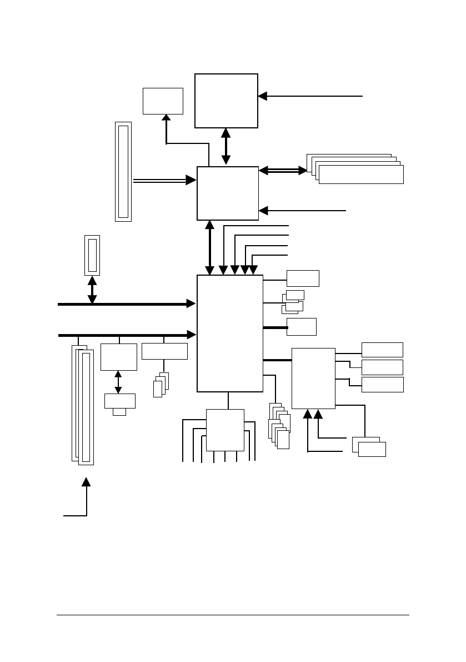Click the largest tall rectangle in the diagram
tap(230, 333)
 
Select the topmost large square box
tap(226, 101)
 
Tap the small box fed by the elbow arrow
tap(163, 101)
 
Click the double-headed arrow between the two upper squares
tap(226, 147)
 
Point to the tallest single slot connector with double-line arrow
tap(123, 171)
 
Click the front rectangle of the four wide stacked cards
tap(361, 175)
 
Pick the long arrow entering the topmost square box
tap(310, 96)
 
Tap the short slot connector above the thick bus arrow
tap(92, 255)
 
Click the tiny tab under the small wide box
tap(119, 412)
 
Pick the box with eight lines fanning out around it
tap(225, 430)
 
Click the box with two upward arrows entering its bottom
tap(313, 378)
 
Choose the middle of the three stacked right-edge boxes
tap(382, 367)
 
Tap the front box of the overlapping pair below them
tap(372, 449)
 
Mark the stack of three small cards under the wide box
tap(161, 385)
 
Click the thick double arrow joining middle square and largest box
tap(210, 247)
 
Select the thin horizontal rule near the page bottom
tap(233, 615)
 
